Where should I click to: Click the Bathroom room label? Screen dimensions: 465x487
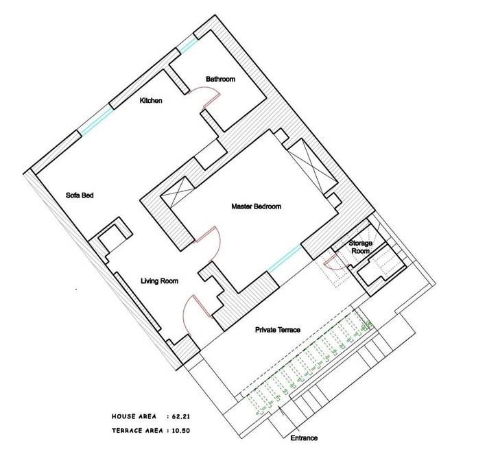click(221, 80)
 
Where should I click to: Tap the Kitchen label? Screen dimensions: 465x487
click(151, 101)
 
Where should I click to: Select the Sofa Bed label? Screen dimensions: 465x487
click(80, 195)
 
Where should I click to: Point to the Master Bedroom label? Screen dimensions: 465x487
click(256, 206)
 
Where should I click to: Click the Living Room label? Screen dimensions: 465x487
click(160, 281)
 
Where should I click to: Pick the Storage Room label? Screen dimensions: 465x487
click(360, 247)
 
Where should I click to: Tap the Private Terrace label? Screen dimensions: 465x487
click(278, 330)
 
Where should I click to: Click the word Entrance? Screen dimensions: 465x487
click(304, 438)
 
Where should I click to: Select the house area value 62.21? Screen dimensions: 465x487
click(195, 416)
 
